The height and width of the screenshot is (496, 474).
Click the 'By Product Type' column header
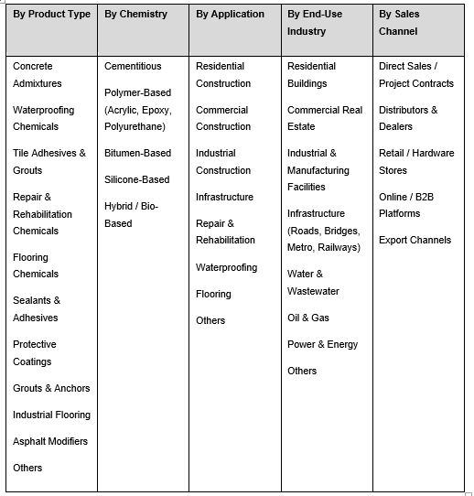tap(51, 15)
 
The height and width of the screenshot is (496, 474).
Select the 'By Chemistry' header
tap(135, 15)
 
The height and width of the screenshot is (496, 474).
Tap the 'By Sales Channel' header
tap(398, 23)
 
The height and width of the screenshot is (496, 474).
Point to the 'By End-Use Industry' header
tap(315, 23)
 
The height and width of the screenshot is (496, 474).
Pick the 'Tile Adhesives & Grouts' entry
tap(48, 161)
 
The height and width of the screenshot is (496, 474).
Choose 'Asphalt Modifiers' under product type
tap(50, 441)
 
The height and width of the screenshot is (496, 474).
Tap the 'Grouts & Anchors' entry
tap(51, 388)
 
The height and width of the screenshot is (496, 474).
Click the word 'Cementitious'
tap(133, 66)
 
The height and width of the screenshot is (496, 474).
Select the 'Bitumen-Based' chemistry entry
tap(137, 153)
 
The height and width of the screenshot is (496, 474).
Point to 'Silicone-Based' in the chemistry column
tap(136, 179)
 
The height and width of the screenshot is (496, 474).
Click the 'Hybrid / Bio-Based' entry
tap(131, 214)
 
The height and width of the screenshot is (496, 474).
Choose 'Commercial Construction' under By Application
tap(223, 118)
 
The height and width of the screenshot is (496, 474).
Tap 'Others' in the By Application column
tap(210, 320)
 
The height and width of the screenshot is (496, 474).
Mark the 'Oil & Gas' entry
tap(308, 318)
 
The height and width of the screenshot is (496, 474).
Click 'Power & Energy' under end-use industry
tap(322, 344)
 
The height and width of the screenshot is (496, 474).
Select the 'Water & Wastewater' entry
tap(313, 282)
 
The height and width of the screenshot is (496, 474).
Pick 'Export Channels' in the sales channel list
tap(415, 240)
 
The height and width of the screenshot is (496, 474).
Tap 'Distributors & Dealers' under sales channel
tap(408, 118)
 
